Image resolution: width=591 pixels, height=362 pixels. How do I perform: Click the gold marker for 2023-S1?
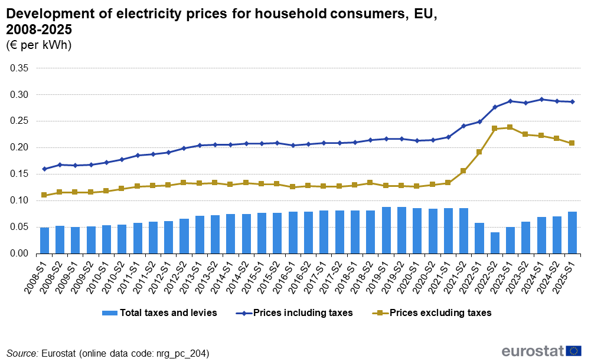click(x=510, y=127)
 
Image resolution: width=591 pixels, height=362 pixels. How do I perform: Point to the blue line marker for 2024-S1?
click(x=541, y=100)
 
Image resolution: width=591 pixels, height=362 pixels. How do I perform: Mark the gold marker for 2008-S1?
click(x=44, y=195)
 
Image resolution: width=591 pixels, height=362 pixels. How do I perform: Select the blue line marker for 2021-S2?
click(x=463, y=126)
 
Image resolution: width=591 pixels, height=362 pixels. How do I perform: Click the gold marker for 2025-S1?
click(x=572, y=143)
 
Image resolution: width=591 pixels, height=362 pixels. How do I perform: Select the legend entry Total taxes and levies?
click(x=168, y=313)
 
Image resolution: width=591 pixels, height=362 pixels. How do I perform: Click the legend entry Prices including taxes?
click(x=303, y=313)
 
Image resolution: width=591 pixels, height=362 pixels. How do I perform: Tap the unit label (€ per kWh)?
click(x=39, y=45)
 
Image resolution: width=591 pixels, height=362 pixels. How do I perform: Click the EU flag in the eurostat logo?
click(x=573, y=351)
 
